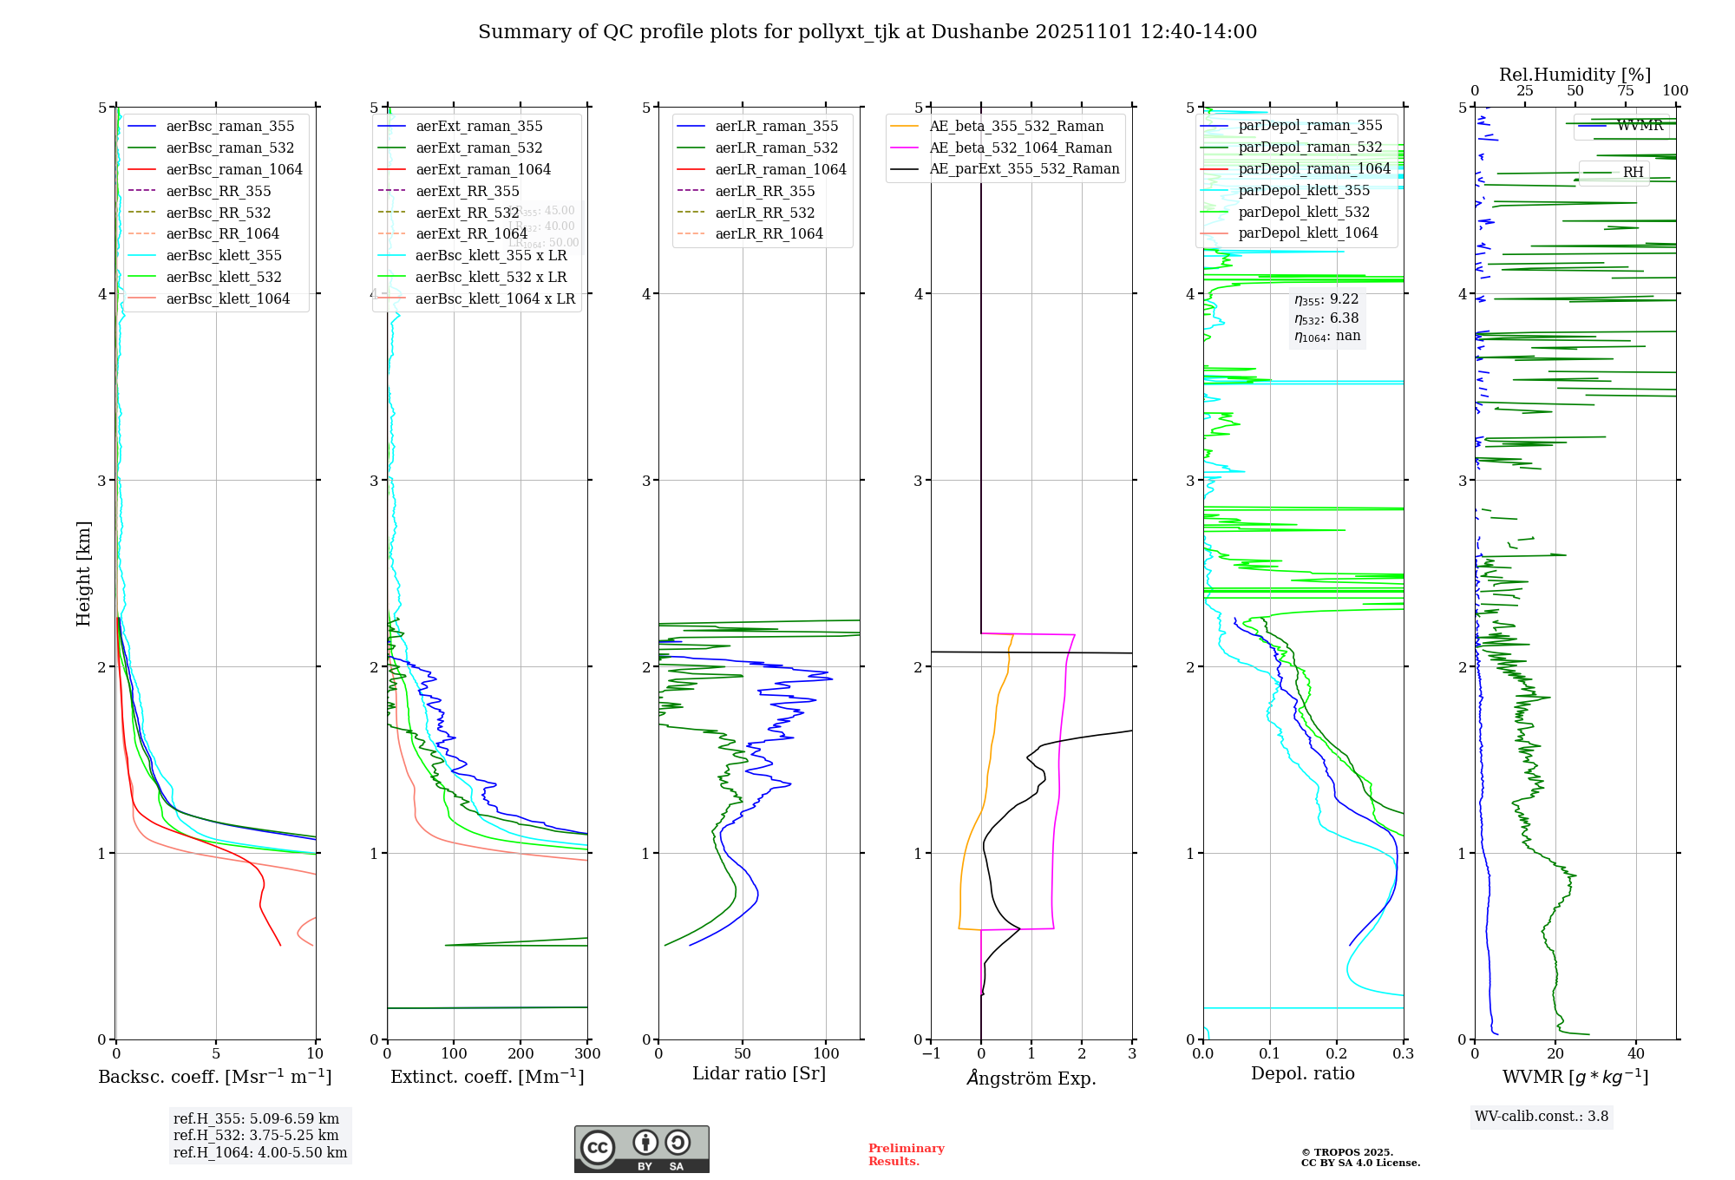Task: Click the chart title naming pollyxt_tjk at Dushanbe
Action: [867, 32]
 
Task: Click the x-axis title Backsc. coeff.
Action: [215, 1077]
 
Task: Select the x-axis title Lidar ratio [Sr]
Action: [759, 1074]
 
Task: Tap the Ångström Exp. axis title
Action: [1031, 1078]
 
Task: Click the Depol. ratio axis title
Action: [1302, 1074]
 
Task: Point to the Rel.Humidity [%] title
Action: [1575, 75]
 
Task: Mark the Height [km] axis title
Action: [83, 573]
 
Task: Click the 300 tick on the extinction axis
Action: [588, 1054]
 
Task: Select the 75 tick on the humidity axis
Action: [1626, 91]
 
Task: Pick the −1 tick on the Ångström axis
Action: [931, 1054]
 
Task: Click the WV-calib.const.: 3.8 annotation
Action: [1542, 1117]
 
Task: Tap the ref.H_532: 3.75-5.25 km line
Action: [256, 1136]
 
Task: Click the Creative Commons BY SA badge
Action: [641, 1149]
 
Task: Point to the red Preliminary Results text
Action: [906, 1155]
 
